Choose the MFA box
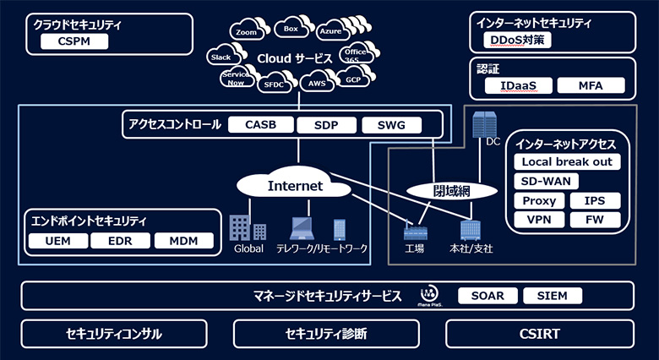590,85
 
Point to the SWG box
390,125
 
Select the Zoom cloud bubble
246,31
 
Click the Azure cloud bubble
330,30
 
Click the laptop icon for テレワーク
302,227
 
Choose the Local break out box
566,161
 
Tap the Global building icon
247,226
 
